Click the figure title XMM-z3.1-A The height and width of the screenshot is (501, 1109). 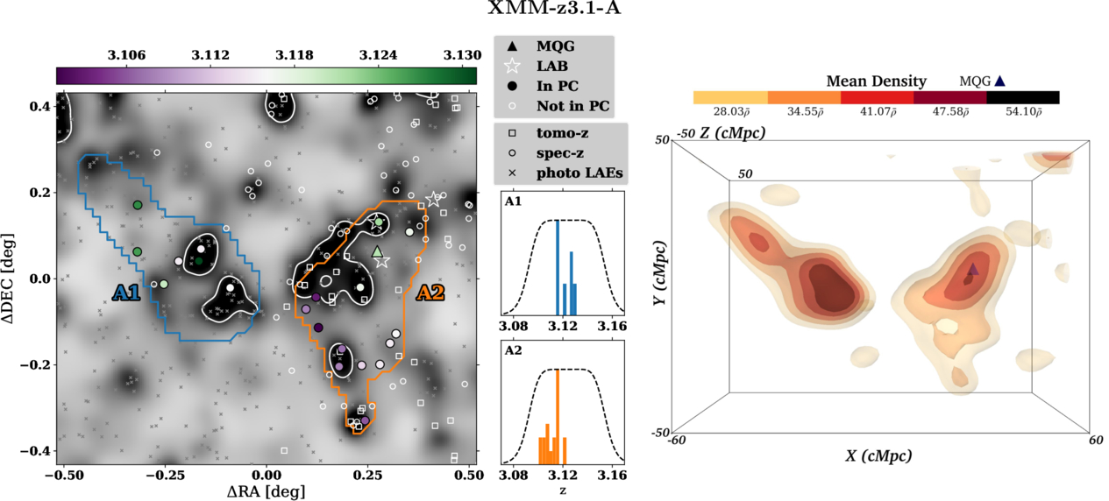(554, 9)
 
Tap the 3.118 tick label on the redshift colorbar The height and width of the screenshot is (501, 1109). (295, 55)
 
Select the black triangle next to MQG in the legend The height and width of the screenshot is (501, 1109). (512, 46)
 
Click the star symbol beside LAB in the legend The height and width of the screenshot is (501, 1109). (512, 66)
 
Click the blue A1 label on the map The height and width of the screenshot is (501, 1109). (126, 293)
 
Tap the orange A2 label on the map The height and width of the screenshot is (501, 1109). (430, 293)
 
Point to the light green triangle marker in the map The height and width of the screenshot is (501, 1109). (377, 251)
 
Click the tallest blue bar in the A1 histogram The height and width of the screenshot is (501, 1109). (558, 267)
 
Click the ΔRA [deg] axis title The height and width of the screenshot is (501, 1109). (266, 491)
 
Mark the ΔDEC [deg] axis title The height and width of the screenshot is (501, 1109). (9, 279)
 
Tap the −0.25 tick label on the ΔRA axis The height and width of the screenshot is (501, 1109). (164, 476)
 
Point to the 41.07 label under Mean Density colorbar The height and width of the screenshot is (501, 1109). (878, 112)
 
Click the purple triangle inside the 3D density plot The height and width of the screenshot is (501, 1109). (973, 269)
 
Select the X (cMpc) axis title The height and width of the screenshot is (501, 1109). (878, 455)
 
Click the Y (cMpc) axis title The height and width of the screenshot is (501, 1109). (659, 273)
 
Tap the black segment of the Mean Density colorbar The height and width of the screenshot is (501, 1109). (1023, 97)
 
